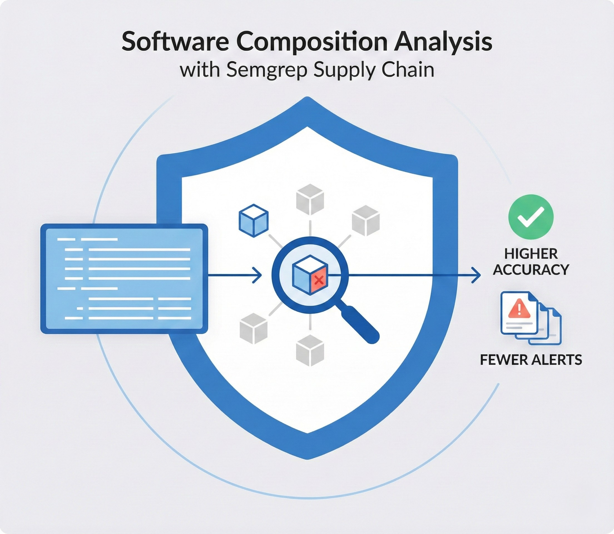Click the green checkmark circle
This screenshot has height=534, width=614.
[531, 217]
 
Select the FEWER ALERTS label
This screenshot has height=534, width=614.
[531, 360]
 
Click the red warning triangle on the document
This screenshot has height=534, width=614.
[519, 308]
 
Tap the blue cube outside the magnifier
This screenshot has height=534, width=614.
[254, 221]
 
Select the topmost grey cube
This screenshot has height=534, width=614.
[310, 199]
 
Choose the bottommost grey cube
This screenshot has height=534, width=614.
[310, 350]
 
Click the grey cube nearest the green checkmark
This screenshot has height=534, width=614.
[366, 221]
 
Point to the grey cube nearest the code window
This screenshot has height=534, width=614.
[253, 328]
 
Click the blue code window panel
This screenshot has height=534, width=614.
[124, 279]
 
